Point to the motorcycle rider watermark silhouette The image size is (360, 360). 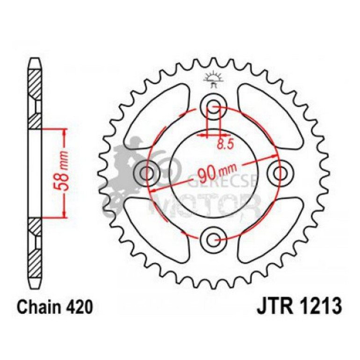[x=126, y=173]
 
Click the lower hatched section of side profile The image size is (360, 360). [x=36, y=248]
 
